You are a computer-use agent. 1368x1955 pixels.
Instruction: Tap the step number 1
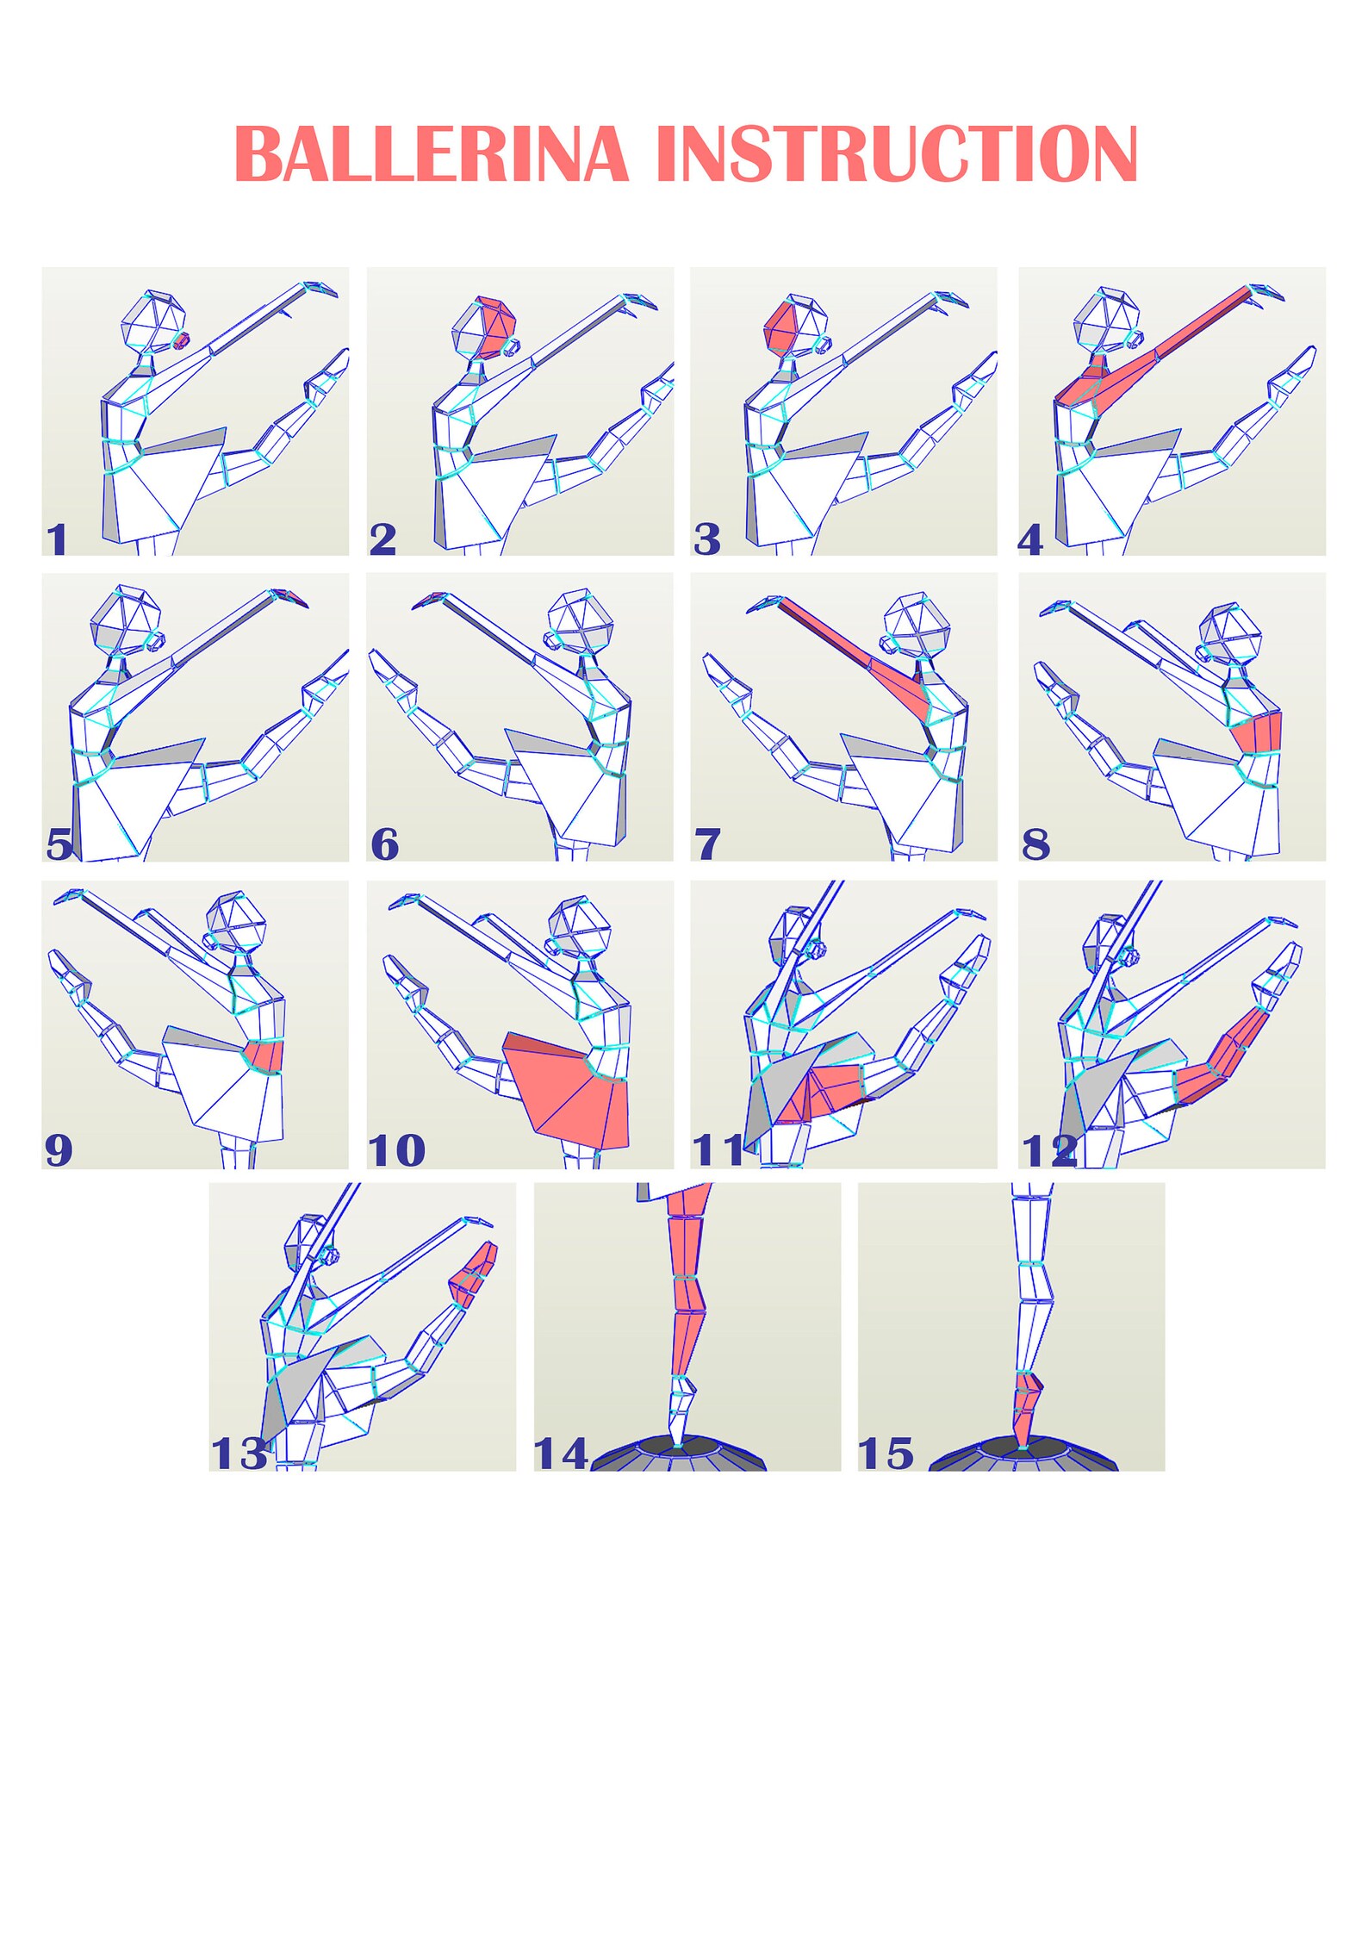pos(57,540)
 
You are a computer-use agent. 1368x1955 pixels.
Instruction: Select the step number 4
pos(1030,540)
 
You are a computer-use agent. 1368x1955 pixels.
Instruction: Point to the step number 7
pos(707,844)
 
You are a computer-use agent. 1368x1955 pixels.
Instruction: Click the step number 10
pos(397,1149)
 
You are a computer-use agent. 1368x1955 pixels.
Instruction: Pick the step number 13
pos(239,1454)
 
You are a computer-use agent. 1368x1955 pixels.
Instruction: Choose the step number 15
pos(886,1454)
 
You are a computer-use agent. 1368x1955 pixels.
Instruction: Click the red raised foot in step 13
pos(474,1274)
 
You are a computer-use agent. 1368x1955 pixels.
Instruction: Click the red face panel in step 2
pos(498,327)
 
